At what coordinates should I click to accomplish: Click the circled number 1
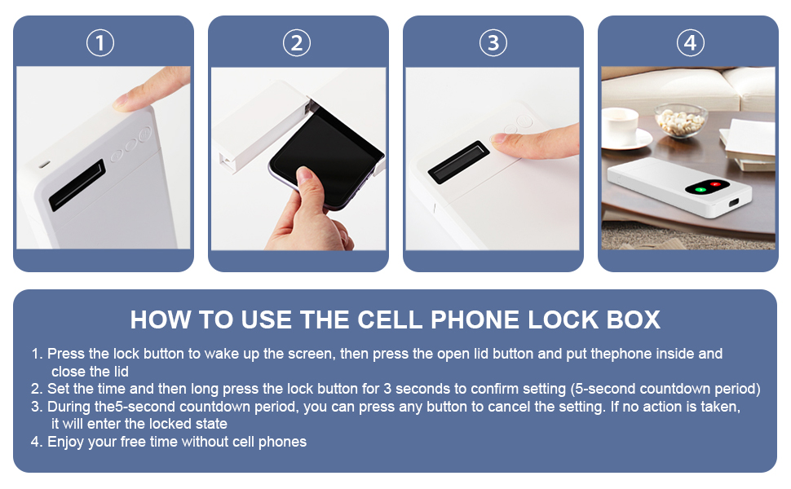[x=100, y=42]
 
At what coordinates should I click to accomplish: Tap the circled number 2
[x=297, y=42]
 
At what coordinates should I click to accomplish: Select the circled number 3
[x=493, y=42]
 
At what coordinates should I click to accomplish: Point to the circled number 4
[x=690, y=42]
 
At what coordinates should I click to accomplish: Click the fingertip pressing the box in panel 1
[x=130, y=101]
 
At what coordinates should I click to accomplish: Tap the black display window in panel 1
[x=77, y=185]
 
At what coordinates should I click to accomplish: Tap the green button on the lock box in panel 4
[x=699, y=190]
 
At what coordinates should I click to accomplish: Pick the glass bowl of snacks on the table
[x=680, y=120]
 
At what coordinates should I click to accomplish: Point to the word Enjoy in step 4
[x=65, y=442]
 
